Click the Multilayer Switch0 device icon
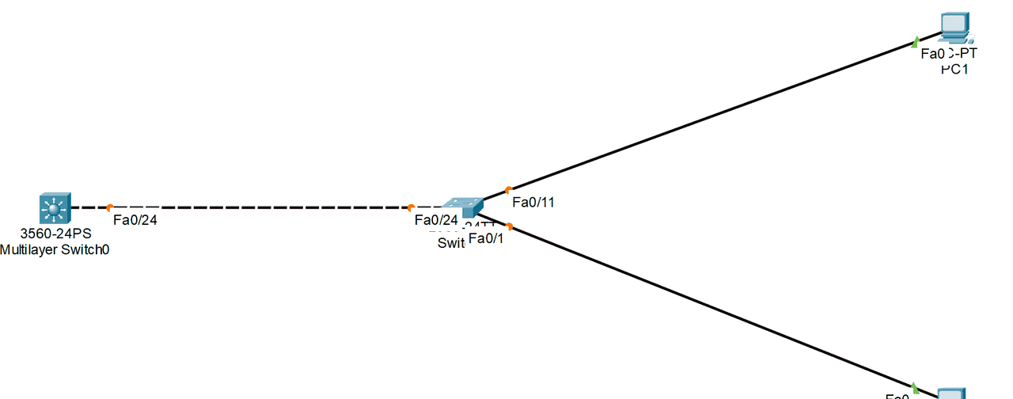54,208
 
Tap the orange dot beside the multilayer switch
110,207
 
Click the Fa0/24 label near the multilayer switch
135,220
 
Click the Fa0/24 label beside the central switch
436,220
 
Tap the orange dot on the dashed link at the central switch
411,207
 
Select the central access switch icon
463,207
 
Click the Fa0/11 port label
533,202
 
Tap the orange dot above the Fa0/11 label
508,189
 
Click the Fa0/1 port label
485,237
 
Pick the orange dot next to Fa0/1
510,226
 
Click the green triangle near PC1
916,40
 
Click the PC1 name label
955,69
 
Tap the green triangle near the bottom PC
915,387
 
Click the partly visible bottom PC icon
951,393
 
